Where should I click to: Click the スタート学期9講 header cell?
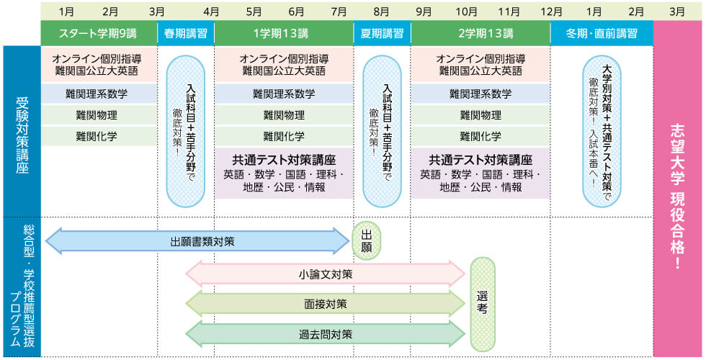click(99, 33)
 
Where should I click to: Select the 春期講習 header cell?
click(186, 33)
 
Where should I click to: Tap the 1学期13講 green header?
click(283, 33)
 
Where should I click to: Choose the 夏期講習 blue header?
click(382, 33)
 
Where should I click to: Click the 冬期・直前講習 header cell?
click(602, 33)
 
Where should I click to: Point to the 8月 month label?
click(382, 11)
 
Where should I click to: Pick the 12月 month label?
click(551, 11)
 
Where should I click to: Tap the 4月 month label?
click(211, 11)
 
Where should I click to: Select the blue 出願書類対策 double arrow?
click(197, 241)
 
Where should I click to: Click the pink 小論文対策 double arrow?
click(326, 274)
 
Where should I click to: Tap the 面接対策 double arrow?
click(326, 304)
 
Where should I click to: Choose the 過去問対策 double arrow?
click(326, 334)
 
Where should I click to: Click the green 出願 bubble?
click(367, 241)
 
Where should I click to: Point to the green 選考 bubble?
click(483, 304)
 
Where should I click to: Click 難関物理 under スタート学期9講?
click(99, 115)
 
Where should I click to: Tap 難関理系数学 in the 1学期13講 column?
click(283, 94)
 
